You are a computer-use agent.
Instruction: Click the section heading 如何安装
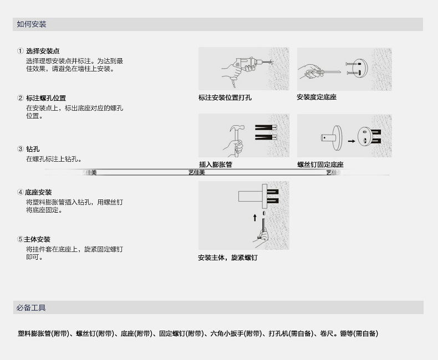coord(32,24)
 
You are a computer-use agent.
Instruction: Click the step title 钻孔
coord(33,149)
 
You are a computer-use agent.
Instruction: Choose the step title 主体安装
coord(37,239)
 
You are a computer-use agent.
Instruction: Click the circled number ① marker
coord(21,51)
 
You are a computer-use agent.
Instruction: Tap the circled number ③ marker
coord(21,149)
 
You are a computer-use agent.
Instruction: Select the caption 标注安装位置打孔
coord(225,97)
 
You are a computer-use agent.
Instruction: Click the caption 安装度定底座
coord(316,97)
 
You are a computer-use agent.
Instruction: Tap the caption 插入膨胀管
coord(215,164)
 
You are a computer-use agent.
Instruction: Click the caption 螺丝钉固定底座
coord(320,164)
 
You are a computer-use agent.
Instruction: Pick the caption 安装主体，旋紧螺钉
coord(227,258)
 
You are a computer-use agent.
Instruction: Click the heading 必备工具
coord(32,307)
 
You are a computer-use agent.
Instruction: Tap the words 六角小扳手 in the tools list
coord(227,333)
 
